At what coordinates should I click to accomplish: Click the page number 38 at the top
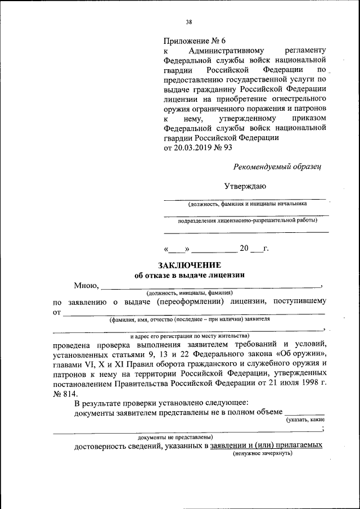point(189,22)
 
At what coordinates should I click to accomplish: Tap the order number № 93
point(224,147)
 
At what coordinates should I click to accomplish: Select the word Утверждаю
point(245,186)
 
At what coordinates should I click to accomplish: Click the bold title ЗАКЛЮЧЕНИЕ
point(189,265)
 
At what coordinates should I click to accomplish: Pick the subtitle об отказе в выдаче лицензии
point(190,275)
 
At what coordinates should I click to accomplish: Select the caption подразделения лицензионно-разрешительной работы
point(247,222)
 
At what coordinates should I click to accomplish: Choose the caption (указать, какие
point(305,420)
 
